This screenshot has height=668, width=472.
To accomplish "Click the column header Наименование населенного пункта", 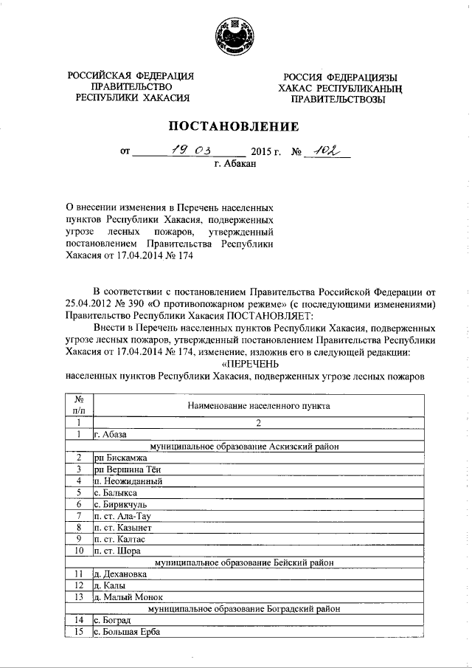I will point(258,406).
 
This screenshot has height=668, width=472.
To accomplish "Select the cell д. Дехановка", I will point(120,574).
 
